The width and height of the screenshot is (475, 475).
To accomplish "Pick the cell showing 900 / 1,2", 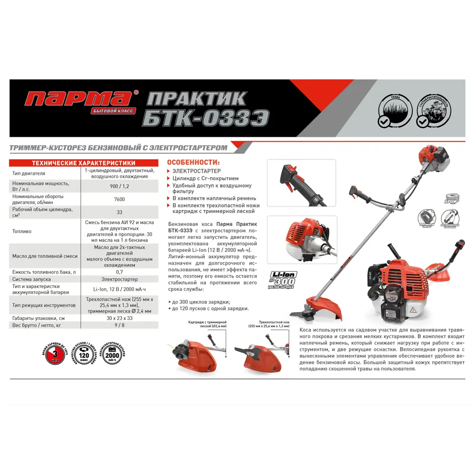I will [x=119, y=186].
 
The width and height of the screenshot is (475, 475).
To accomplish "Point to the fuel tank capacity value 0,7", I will [x=119, y=272].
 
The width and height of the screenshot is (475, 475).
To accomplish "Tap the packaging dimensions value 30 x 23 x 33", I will [x=119, y=318].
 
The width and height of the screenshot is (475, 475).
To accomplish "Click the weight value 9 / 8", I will [x=119, y=326].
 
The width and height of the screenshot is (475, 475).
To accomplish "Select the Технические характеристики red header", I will [x=83, y=163].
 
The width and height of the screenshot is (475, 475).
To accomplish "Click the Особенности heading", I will [x=193, y=162].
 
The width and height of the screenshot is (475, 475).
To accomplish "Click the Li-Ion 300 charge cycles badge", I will [x=284, y=280].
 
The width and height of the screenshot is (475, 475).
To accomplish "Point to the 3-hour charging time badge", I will [x=56, y=354].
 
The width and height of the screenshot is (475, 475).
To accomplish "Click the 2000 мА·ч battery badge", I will [x=114, y=354].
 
